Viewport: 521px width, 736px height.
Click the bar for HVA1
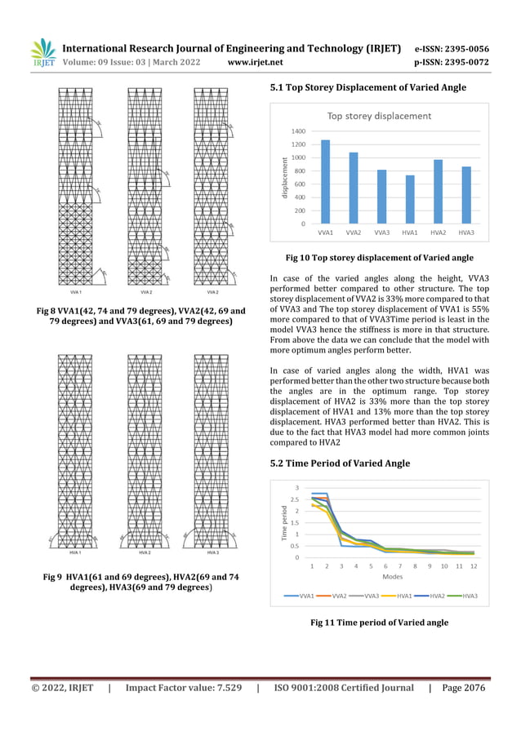pyautogui.click(x=410, y=199)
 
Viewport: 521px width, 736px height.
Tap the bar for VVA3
pyautogui.click(x=381, y=197)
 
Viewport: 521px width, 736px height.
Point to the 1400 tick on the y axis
pyautogui.click(x=298, y=131)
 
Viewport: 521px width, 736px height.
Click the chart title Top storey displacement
pyautogui.click(x=379, y=116)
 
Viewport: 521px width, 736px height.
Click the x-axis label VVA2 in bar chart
pyautogui.click(x=354, y=233)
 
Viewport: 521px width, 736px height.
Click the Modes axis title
pyautogui.click(x=392, y=577)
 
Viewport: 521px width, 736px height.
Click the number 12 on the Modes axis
pyautogui.click(x=474, y=565)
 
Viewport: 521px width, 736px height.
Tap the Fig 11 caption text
pyautogui.click(x=379, y=623)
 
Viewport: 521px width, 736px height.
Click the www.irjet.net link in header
pyautogui.click(x=256, y=61)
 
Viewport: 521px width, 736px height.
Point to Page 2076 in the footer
pyautogui.click(x=463, y=688)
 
